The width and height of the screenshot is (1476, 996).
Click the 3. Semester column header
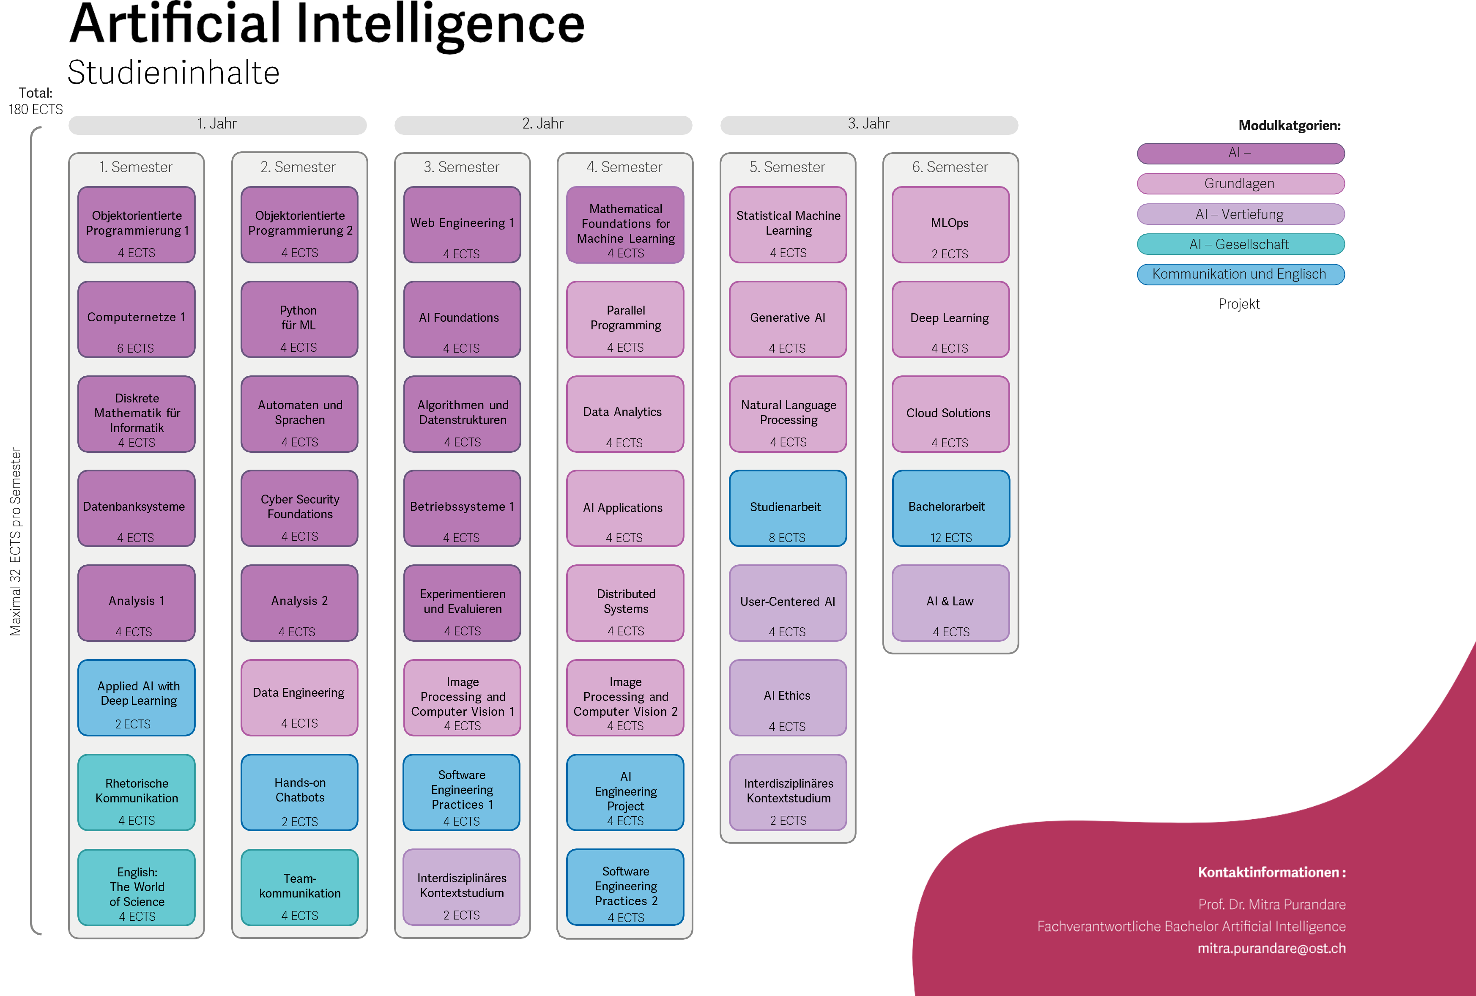[462, 167]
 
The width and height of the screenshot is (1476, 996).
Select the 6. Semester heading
[950, 167]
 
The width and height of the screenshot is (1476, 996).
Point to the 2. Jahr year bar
[543, 124]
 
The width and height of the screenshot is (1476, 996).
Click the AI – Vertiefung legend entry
[1240, 214]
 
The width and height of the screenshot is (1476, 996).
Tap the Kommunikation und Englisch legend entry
[1240, 274]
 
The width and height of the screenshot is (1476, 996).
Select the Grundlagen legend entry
[1240, 183]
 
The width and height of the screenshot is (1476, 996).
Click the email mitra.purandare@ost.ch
[1271, 948]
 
